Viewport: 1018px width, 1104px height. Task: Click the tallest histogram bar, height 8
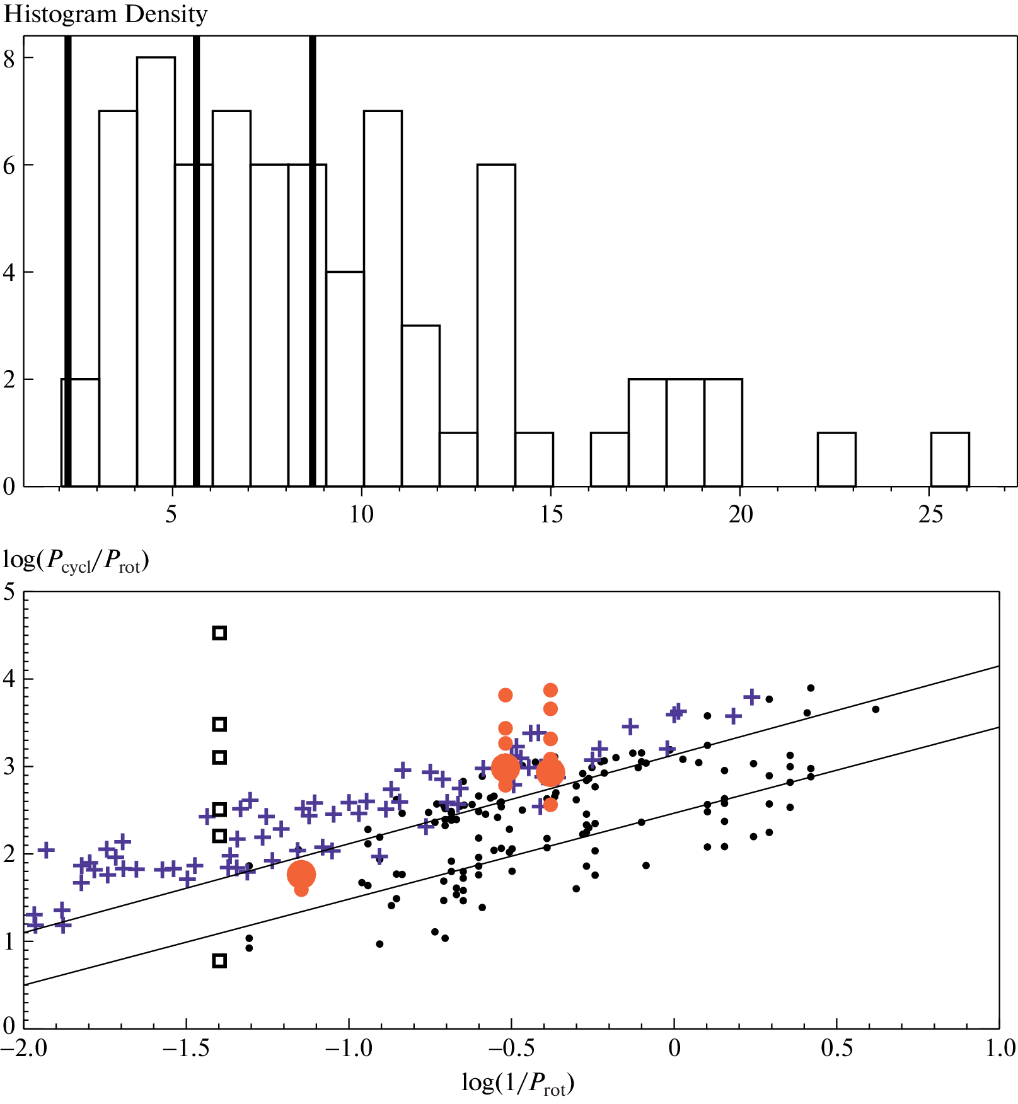(x=156, y=271)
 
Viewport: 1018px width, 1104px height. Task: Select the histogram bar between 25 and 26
(x=949, y=459)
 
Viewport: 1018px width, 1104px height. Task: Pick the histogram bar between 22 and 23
(x=836, y=459)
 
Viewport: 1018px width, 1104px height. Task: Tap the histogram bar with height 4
(x=345, y=378)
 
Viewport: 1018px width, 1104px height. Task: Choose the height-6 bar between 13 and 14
(x=496, y=325)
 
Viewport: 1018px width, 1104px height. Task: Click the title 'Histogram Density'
(x=105, y=14)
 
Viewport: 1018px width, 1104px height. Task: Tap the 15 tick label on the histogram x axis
(x=551, y=515)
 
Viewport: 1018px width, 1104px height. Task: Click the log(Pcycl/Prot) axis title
(x=76, y=560)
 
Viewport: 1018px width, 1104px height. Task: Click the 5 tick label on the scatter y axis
(x=9, y=592)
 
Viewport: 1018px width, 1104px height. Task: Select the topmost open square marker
(x=219, y=633)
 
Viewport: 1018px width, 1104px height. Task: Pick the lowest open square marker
(x=219, y=960)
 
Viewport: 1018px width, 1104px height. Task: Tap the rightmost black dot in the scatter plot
(x=875, y=710)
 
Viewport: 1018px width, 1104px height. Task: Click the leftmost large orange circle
(x=301, y=875)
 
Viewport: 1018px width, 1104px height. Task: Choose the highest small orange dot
(x=550, y=690)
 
